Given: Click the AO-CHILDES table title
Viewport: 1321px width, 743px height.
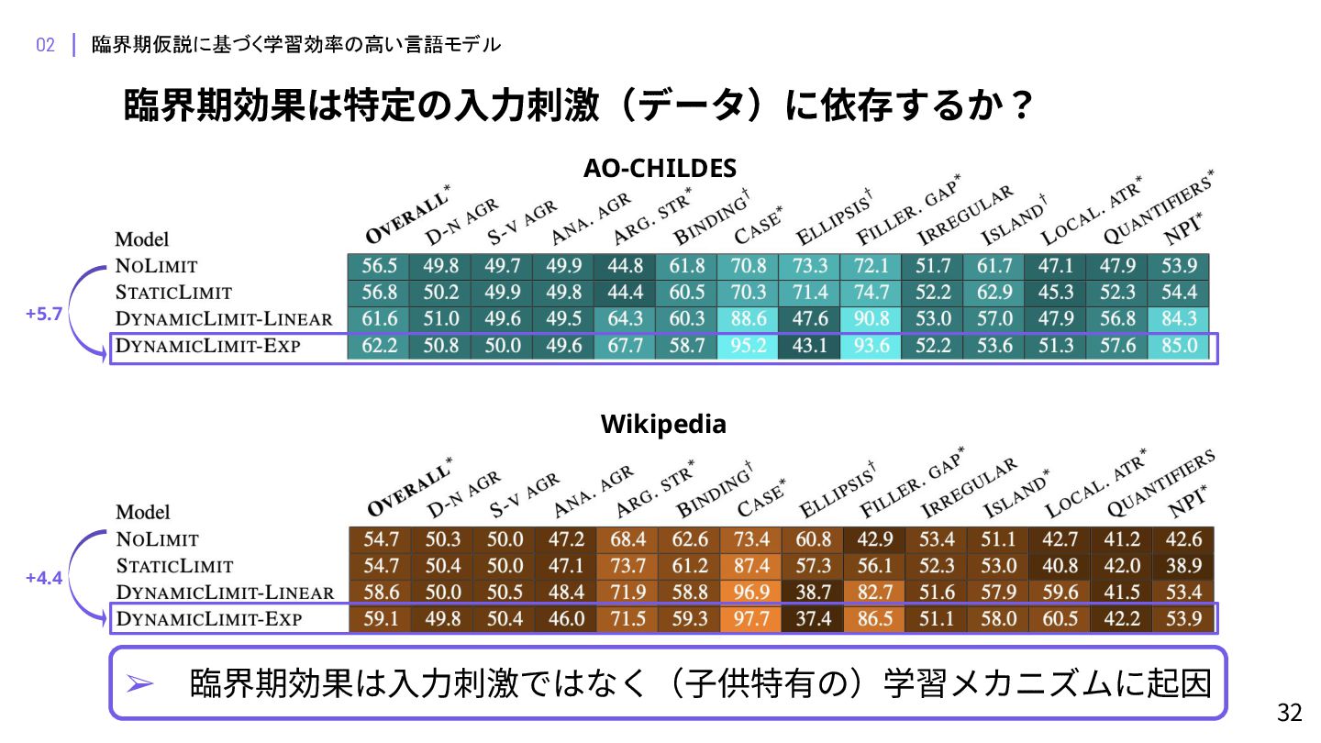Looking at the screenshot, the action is click(x=660, y=169).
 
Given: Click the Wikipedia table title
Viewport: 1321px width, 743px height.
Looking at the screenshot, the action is click(x=663, y=425).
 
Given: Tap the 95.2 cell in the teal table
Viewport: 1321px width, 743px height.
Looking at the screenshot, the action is click(x=749, y=346).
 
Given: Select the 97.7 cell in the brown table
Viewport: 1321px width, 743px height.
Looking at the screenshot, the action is click(x=750, y=619).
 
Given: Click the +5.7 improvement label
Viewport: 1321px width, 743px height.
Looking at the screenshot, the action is click(x=44, y=314).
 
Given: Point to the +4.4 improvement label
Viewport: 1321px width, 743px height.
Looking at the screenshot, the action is click(x=44, y=578).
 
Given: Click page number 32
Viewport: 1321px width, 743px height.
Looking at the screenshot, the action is click(x=1290, y=713).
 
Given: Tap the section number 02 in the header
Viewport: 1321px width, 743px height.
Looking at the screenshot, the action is click(x=46, y=45).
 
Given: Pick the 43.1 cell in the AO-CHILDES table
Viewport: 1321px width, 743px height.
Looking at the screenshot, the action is click(x=810, y=346).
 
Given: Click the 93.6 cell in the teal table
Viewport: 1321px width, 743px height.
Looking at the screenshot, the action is click(x=871, y=346).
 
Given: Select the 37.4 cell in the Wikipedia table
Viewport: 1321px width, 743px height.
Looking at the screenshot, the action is click(x=813, y=619).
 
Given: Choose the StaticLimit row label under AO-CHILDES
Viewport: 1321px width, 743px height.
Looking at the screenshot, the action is click(x=173, y=293).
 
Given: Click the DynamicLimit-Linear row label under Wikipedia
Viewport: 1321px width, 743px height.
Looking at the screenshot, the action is click(x=225, y=592).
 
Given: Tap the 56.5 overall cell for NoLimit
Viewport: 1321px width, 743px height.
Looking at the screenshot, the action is click(x=379, y=266).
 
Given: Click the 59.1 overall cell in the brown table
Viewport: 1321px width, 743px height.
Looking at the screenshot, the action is click(x=381, y=619).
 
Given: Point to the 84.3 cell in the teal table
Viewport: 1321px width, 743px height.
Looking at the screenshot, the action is click(x=1179, y=319).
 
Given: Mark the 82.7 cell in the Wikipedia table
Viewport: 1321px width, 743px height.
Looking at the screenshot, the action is click(x=874, y=592).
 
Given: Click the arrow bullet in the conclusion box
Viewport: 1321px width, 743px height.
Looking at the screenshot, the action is click(x=139, y=684).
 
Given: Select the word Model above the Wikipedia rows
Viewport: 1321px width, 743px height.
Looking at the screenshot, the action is click(x=143, y=512).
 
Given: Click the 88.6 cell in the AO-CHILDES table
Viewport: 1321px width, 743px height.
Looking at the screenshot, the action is click(x=749, y=319).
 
